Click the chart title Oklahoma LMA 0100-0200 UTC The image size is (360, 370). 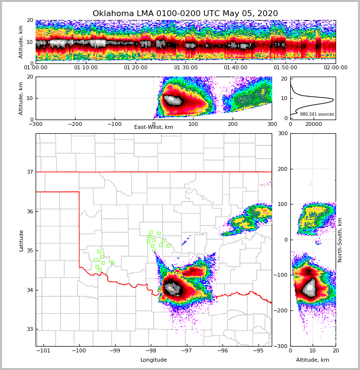coord(185,14)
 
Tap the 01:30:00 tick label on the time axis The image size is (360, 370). coord(186,68)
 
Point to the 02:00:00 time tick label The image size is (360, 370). coord(335,68)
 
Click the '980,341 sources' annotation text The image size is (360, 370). coord(317,114)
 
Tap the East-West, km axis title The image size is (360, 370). coord(154,127)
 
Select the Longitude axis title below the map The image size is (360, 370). coord(154,360)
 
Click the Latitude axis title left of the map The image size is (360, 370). coord(21,240)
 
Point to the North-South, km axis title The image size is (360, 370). coord(340,240)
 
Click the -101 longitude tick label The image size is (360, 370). coord(43,350)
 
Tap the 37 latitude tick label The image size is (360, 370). coord(29,172)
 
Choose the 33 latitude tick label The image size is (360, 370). coord(29,329)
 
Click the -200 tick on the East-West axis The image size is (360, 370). coord(75,124)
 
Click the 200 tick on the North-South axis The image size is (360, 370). coord(282,169)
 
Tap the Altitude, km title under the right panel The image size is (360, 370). coord(313,360)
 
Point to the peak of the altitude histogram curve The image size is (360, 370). coord(333,100)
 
